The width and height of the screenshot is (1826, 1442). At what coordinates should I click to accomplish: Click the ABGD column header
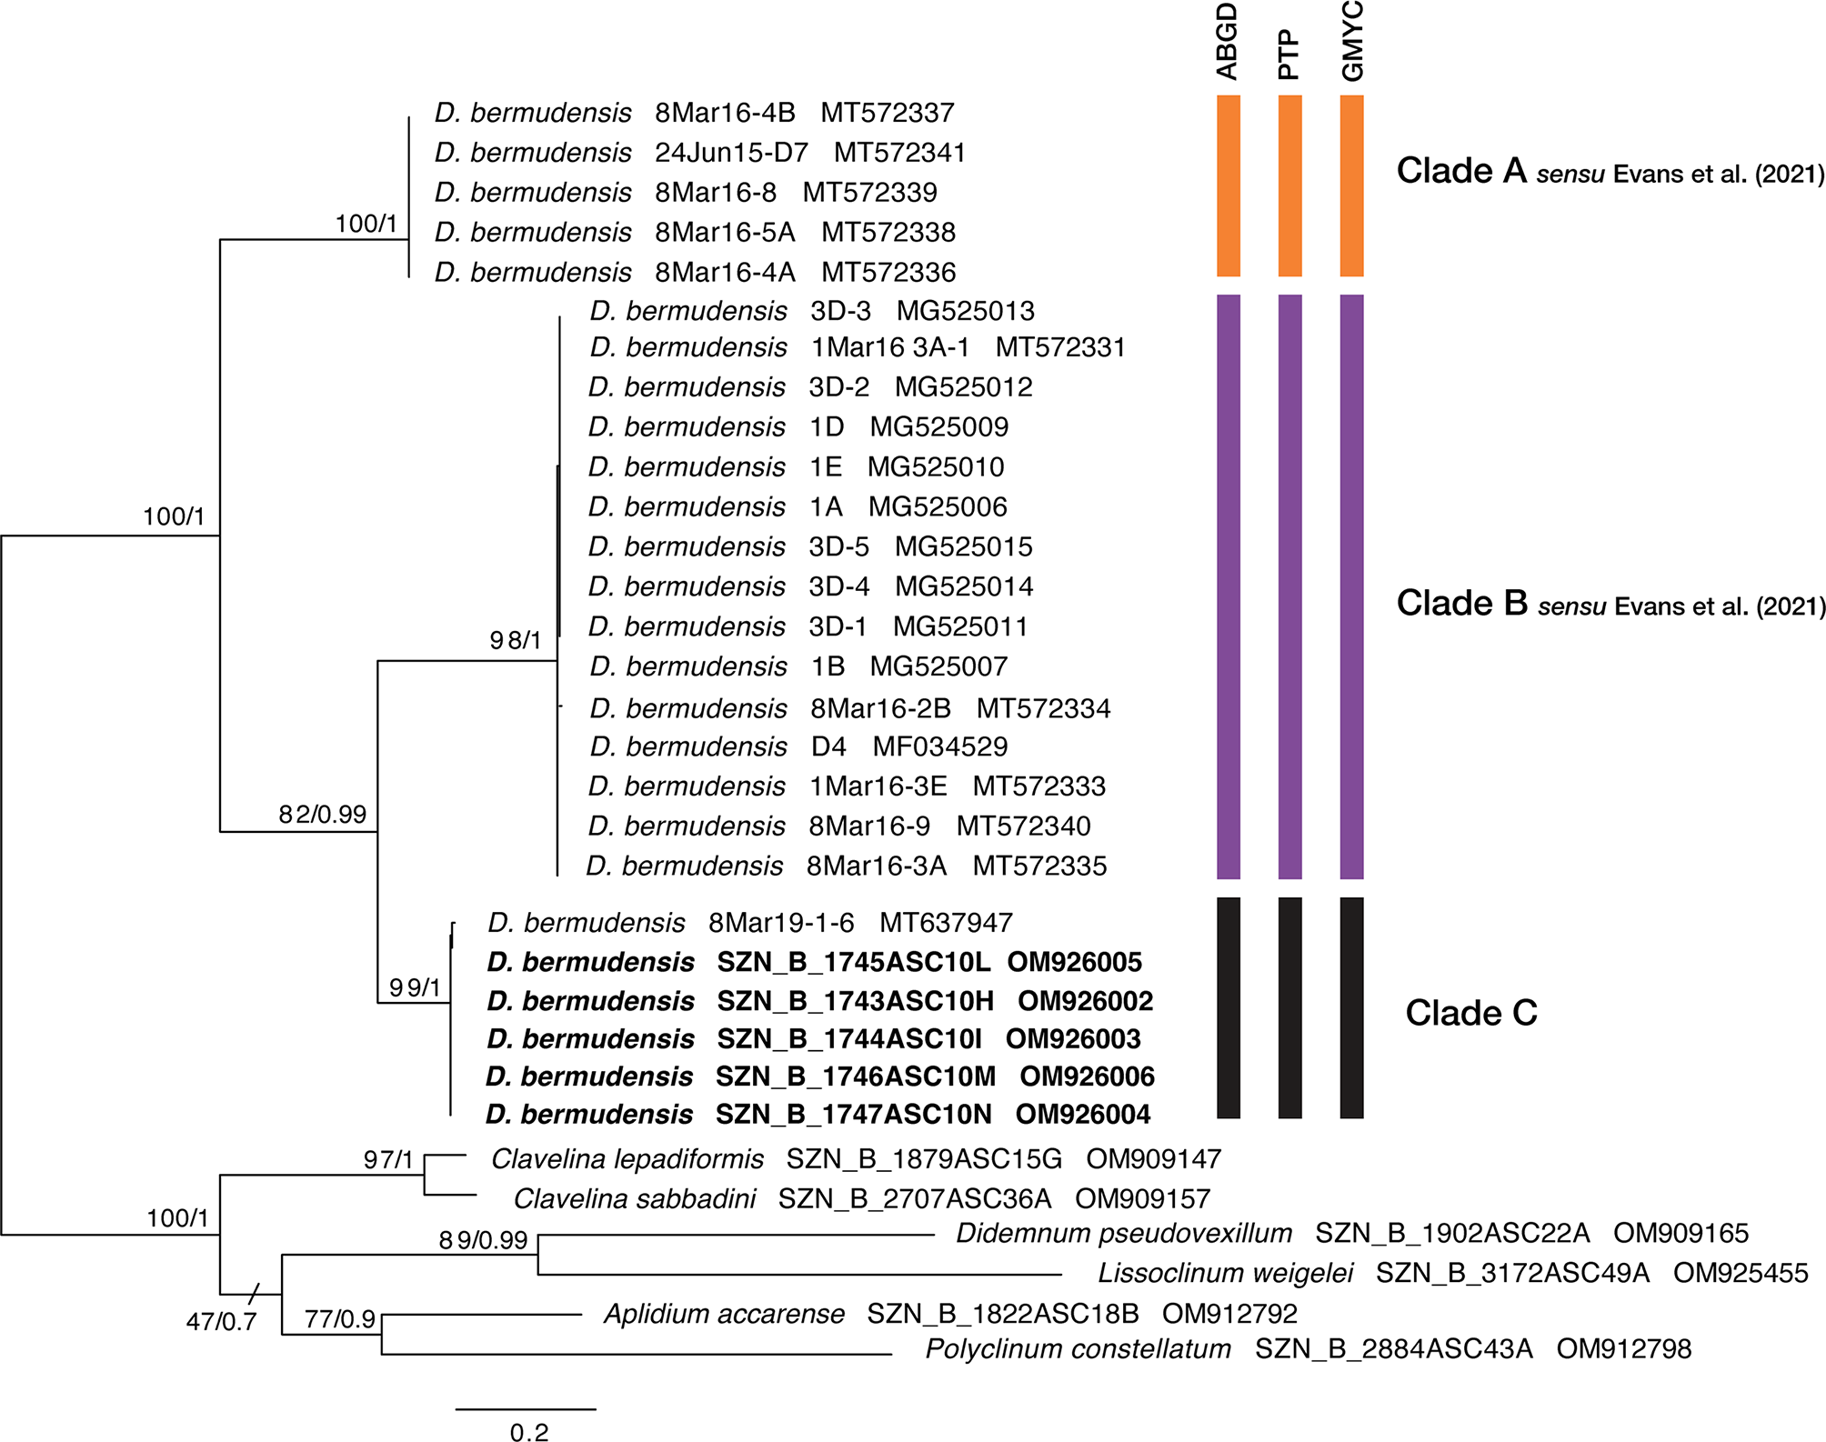pos(1228,42)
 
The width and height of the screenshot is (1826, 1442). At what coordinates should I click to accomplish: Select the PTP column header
pos(1289,55)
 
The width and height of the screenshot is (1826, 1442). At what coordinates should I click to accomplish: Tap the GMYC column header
pos(1352,42)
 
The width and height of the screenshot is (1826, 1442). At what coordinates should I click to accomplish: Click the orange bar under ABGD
pos(1229,185)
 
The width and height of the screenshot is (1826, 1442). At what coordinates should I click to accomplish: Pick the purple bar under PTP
pos(1289,586)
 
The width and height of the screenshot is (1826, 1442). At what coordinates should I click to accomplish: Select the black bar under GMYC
pos(1352,1006)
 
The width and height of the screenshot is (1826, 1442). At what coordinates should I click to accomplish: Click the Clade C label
pos(1470,1013)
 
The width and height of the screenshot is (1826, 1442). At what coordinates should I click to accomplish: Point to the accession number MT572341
pos(899,153)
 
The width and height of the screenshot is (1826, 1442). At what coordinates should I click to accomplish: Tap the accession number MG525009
pos(938,427)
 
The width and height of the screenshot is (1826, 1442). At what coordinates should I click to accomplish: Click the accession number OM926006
pos(1087,1076)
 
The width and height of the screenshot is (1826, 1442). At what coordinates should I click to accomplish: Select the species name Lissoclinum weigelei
pos(1225,1273)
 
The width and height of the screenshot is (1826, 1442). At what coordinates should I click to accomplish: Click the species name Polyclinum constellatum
pos(1078,1348)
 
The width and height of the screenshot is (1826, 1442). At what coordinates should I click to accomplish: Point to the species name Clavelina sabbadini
pos(634,1198)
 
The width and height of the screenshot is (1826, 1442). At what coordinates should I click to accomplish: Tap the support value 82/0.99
pos(323,814)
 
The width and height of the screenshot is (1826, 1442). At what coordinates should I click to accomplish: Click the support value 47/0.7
pos(221,1321)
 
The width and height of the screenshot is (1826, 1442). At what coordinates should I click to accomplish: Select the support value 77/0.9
pos(340,1318)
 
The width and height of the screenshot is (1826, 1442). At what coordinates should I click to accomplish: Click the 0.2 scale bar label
pos(529,1433)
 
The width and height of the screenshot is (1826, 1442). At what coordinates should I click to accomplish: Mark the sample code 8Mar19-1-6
pos(781,923)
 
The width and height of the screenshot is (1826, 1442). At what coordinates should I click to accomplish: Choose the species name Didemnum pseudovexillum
pos(1123,1234)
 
